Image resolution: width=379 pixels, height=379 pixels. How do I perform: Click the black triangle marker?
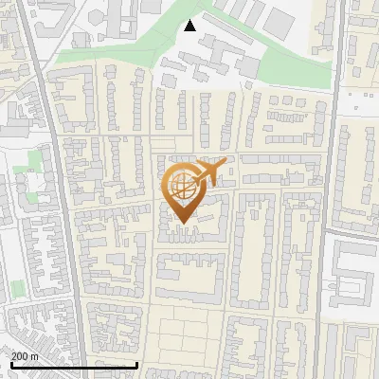point(190,26)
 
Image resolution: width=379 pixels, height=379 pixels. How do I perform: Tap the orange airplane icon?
point(210,172)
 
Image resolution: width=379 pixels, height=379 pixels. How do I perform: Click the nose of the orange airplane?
point(226,163)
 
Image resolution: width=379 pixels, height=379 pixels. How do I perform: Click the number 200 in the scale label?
point(21,355)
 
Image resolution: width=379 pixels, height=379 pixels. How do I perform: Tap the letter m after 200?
point(35,356)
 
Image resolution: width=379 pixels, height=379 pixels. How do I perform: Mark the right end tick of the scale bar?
point(138,364)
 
